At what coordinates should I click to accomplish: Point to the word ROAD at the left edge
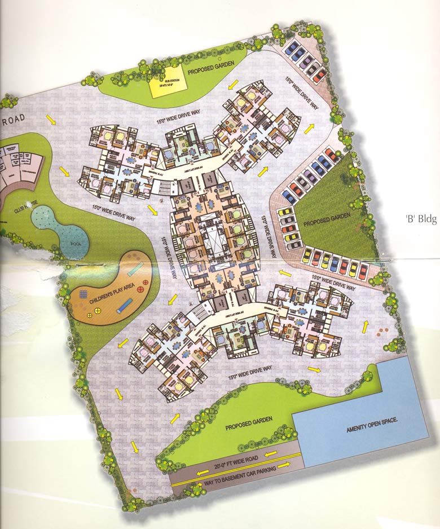click(16, 121)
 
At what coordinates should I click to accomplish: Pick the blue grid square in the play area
click(83, 294)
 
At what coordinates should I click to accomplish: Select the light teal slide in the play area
click(137, 264)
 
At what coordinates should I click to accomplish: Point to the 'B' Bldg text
click(421, 219)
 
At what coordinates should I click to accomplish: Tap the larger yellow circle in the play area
click(96, 311)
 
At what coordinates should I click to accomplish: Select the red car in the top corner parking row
click(320, 76)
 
